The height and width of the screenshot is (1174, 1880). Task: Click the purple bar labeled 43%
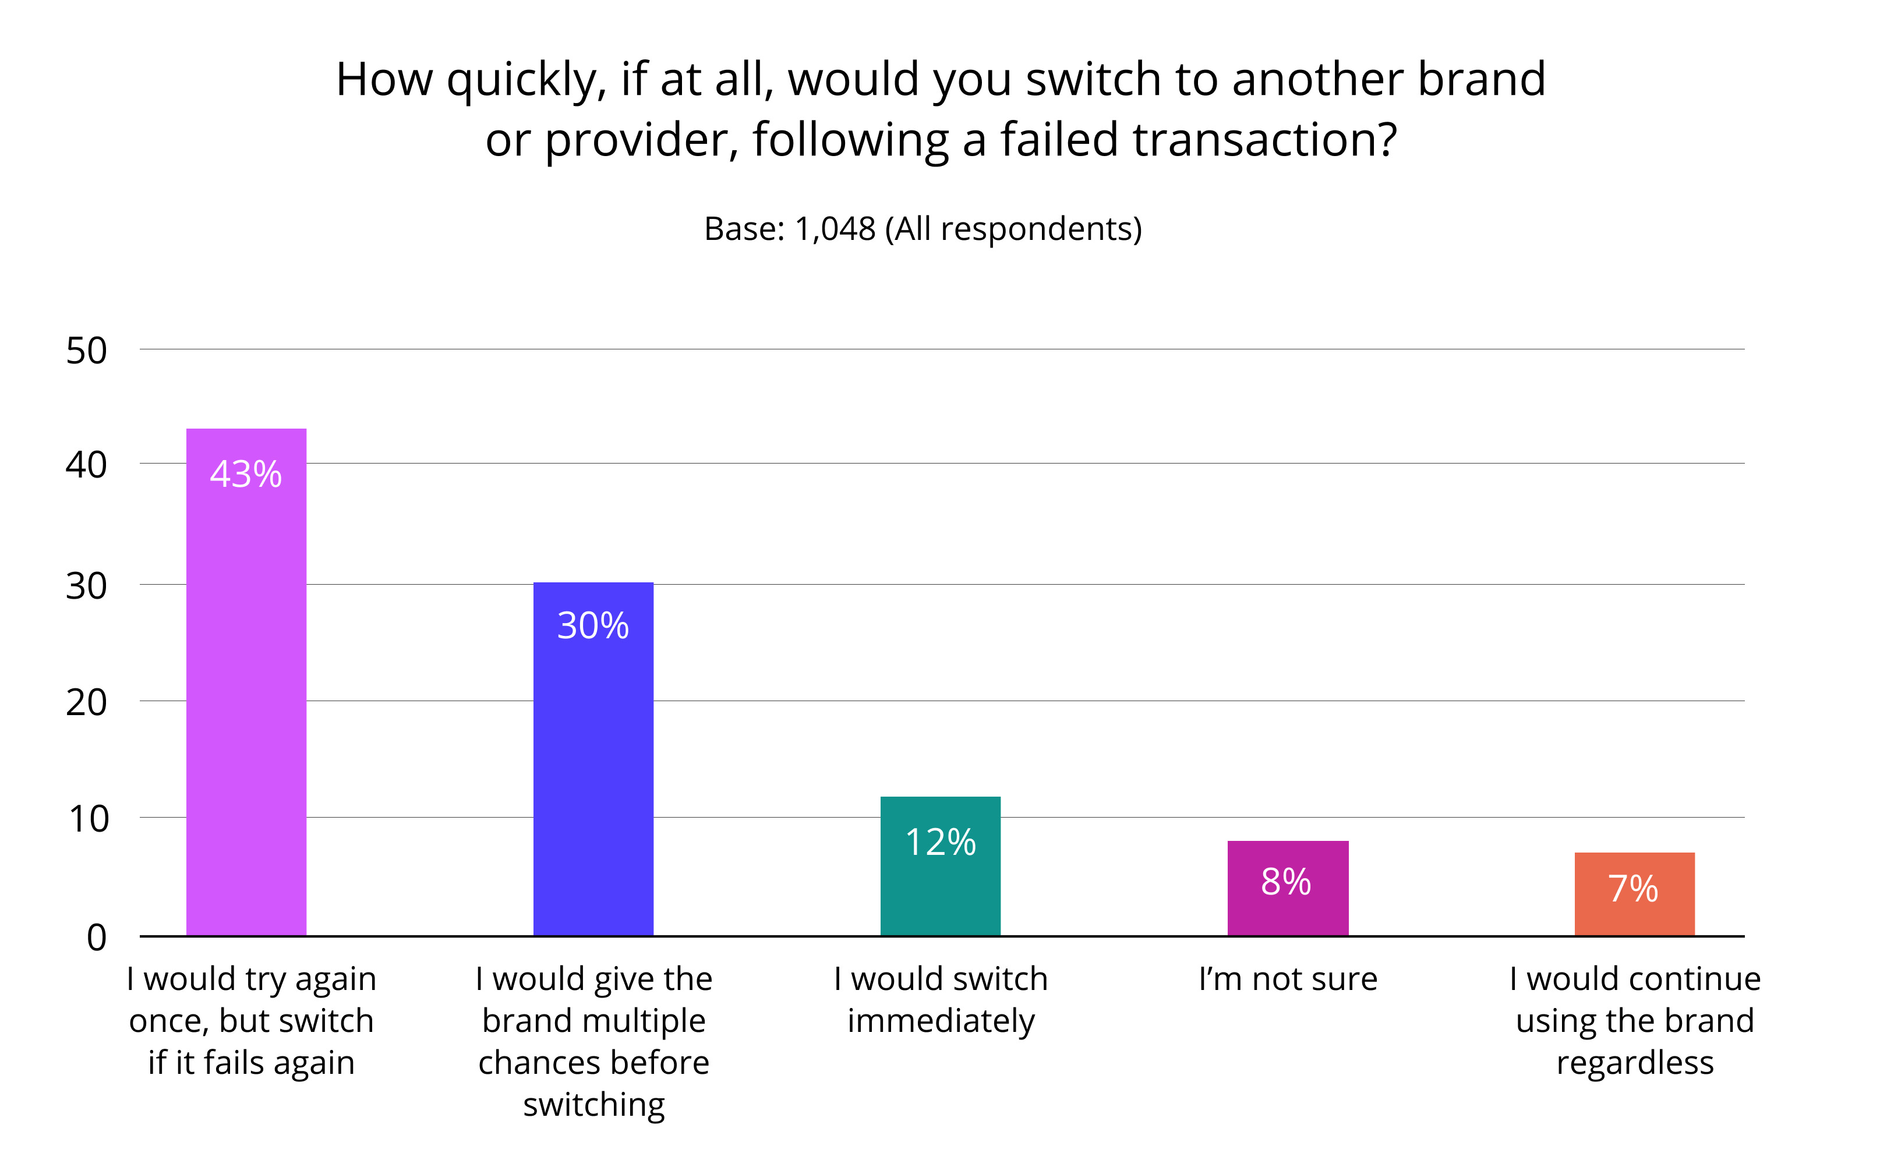(x=246, y=699)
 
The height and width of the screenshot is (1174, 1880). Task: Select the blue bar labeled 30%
(x=593, y=776)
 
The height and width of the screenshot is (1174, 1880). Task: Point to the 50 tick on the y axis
(x=86, y=351)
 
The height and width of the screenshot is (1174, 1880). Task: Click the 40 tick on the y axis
(x=86, y=465)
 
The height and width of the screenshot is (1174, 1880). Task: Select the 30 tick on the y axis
(x=86, y=586)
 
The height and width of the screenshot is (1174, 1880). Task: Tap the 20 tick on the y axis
(x=86, y=703)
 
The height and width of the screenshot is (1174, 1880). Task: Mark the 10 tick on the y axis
(x=89, y=819)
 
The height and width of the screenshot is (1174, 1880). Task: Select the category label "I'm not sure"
(x=1288, y=978)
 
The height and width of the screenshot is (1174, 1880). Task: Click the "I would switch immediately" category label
(x=941, y=999)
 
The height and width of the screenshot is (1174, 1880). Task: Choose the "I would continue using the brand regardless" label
(x=1635, y=1020)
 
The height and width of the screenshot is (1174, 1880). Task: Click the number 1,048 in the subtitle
(x=835, y=229)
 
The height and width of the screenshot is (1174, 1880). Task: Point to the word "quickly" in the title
(x=526, y=80)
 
